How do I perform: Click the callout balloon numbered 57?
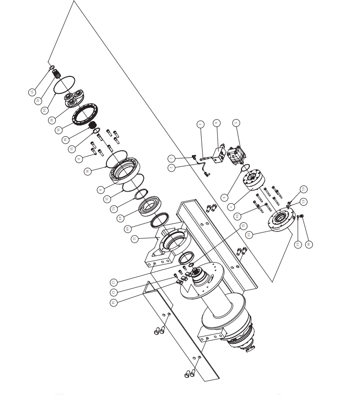click(x=33, y=91)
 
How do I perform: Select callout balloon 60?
click(x=51, y=120)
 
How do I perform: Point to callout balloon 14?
click(x=113, y=302)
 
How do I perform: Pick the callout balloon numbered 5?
click(x=236, y=123)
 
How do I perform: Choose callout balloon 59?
click(x=249, y=234)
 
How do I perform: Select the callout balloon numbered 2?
click(x=171, y=168)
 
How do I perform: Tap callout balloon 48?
click(x=128, y=229)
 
